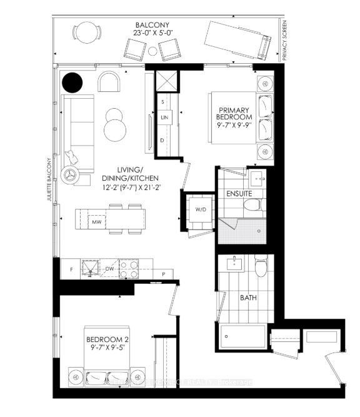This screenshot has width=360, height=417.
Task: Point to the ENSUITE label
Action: pyautogui.click(x=239, y=193)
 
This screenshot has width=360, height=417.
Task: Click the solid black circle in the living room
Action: pyautogui.click(x=72, y=82)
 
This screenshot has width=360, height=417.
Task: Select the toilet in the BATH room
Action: pyautogui.click(x=261, y=268)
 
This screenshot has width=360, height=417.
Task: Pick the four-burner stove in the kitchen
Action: pyautogui.click(x=129, y=269)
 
